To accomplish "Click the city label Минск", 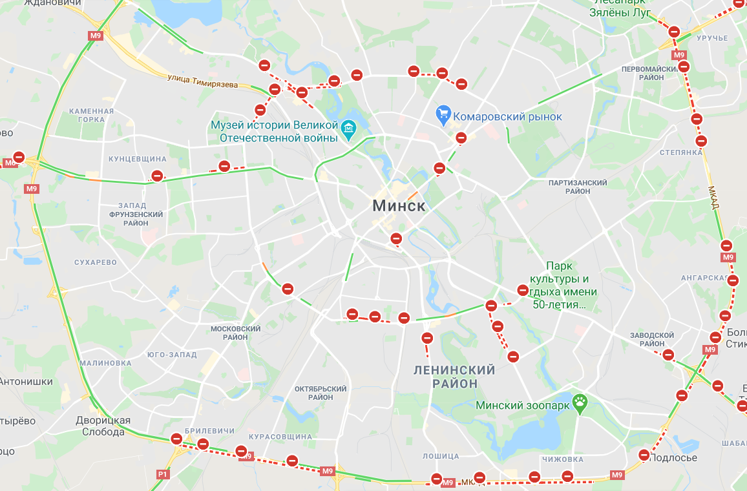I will pyautogui.click(x=399, y=206).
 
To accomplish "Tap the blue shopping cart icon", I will pyautogui.click(x=443, y=116).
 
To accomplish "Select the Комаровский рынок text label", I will pyautogui.click(x=508, y=117).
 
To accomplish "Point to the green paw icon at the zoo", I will pyautogui.click(x=581, y=405).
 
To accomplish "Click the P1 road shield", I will pyautogui.click(x=162, y=475).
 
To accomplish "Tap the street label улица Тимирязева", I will pyautogui.click(x=202, y=81).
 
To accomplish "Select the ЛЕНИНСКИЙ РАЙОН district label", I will pyautogui.click(x=454, y=377).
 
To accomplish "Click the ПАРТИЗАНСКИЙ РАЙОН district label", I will pyautogui.click(x=578, y=187).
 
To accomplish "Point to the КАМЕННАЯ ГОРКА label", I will pyautogui.click(x=91, y=115).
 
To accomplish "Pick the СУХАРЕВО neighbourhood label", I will pyautogui.click(x=96, y=262).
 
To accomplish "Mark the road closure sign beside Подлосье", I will pyautogui.click(x=644, y=455).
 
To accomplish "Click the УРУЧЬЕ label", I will pyautogui.click(x=712, y=38).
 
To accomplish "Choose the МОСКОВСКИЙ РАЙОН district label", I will pyautogui.click(x=236, y=333).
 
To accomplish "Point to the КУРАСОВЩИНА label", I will pyautogui.click(x=280, y=437).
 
